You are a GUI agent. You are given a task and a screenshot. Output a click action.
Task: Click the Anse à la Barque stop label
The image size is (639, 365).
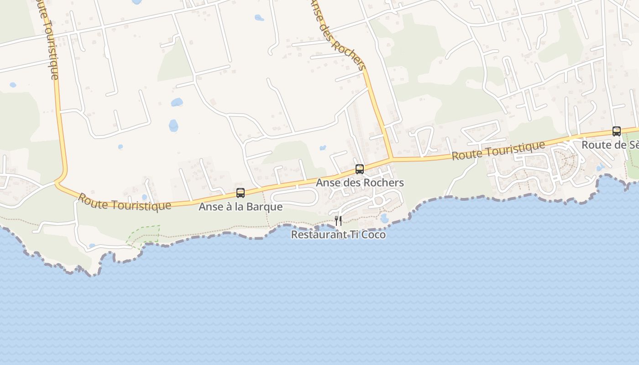click(241, 207)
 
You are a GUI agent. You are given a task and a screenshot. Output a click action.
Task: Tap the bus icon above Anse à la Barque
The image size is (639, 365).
click(241, 193)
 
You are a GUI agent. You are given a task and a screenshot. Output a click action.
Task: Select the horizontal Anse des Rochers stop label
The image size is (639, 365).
click(360, 182)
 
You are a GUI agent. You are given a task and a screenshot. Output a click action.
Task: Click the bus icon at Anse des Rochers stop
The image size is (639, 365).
click(360, 169)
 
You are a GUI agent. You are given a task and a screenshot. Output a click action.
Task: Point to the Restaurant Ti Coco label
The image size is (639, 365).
click(338, 235)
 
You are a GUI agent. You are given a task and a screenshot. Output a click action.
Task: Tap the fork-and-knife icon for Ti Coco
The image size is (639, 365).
click(338, 221)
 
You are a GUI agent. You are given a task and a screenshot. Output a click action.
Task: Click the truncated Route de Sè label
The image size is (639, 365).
click(610, 145)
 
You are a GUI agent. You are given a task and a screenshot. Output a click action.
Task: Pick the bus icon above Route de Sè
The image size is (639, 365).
click(617, 131)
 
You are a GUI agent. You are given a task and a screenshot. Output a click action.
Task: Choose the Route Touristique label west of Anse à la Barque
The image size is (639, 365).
click(124, 202)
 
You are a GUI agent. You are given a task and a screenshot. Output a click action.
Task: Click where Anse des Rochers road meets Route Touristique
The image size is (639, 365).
click(392, 159)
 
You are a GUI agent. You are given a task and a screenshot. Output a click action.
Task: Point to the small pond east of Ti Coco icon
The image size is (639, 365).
click(384, 218)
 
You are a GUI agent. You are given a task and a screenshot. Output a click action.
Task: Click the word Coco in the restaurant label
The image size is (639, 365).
click(372, 235)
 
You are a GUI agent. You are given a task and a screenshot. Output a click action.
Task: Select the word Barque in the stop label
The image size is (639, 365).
click(267, 207)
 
